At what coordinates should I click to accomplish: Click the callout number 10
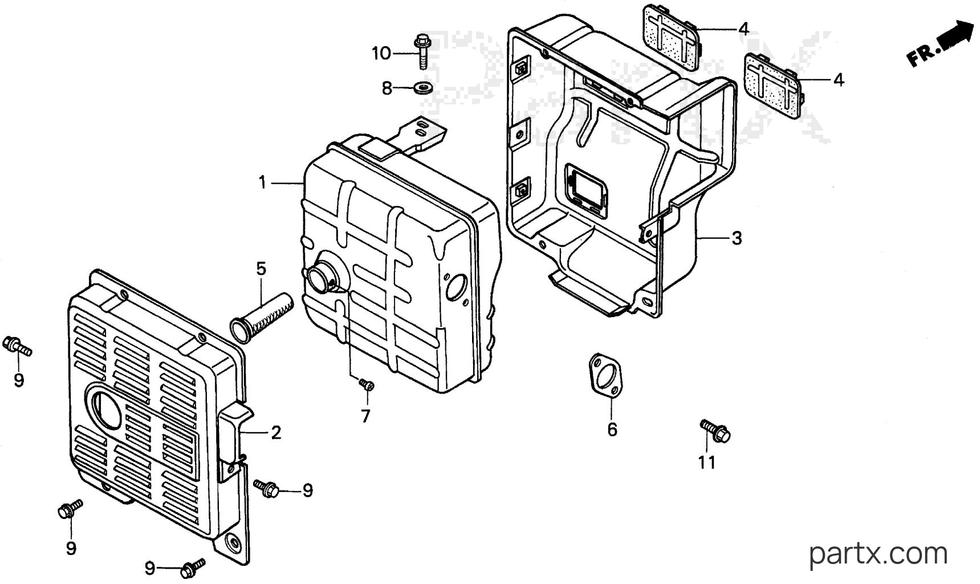point(381,54)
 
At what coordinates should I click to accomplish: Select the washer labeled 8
point(423,88)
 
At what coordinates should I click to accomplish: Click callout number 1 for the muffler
point(262,183)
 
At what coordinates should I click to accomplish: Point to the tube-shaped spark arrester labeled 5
point(262,317)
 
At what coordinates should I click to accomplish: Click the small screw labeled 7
point(367,386)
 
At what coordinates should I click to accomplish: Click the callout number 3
point(737,238)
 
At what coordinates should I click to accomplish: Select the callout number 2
point(276,433)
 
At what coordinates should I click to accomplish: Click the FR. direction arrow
point(941,42)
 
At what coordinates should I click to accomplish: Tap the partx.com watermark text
point(878,554)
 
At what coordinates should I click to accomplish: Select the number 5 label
point(261,269)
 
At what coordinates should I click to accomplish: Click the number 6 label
point(612,429)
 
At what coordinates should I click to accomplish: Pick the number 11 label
point(707,463)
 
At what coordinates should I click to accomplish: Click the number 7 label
point(365,416)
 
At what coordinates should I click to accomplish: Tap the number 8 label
point(387,88)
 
